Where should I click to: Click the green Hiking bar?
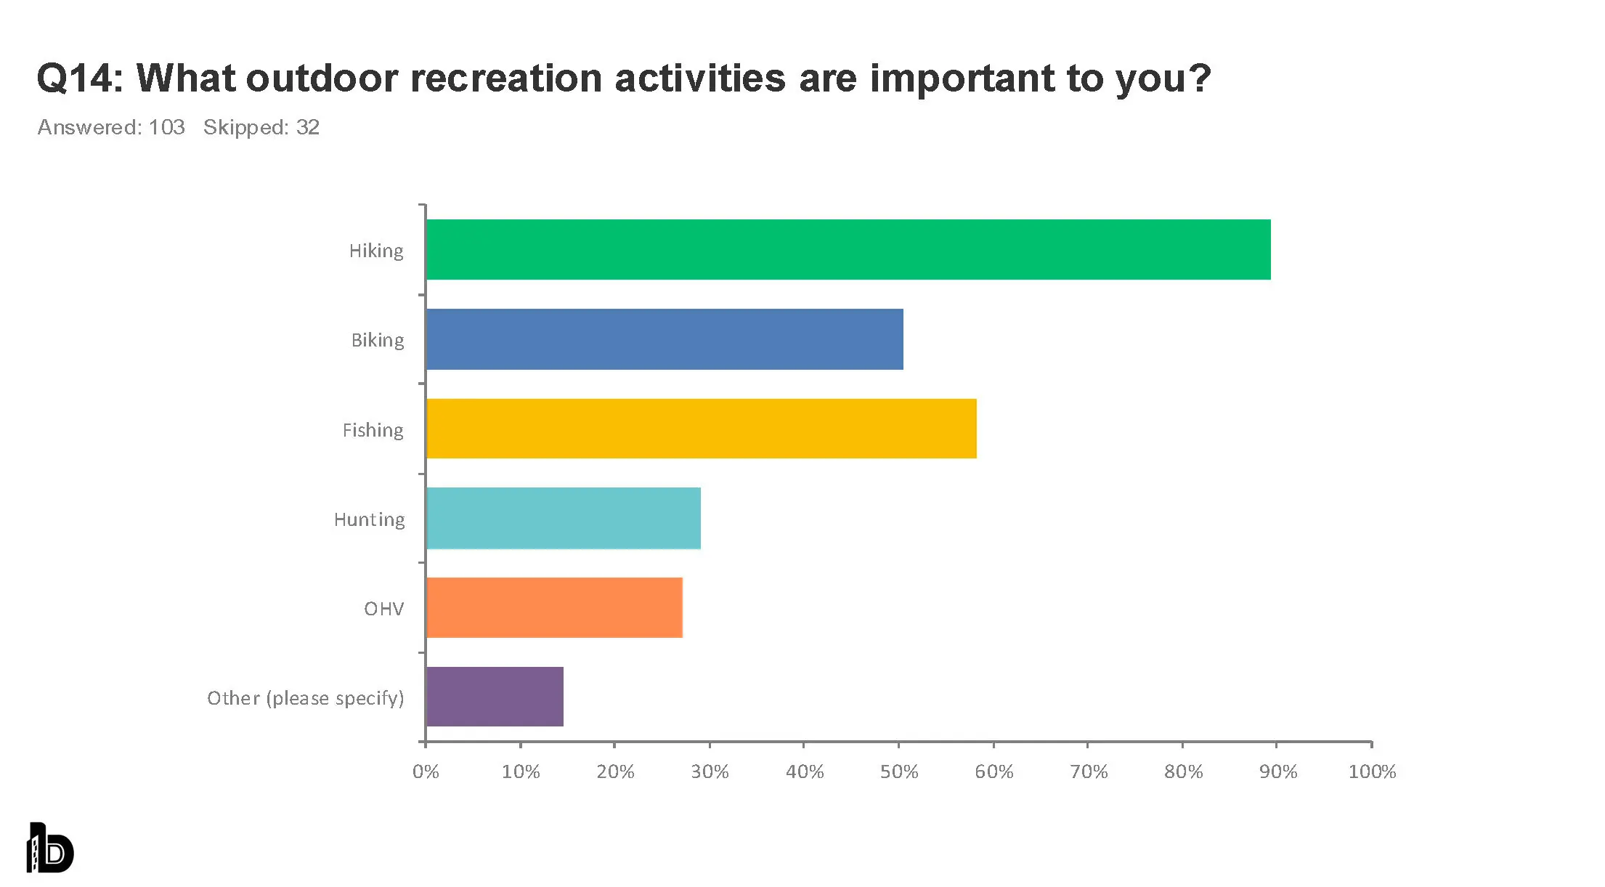pyautogui.click(x=848, y=249)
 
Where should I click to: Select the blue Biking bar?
pyautogui.click(x=665, y=339)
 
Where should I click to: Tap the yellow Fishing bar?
pyautogui.click(x=701, y=429)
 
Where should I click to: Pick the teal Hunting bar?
pyautogui.click(x=563, y=518)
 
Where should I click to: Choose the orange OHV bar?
pyautogui.click(x=554, y=607)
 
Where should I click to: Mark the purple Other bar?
pyautogui.click(x=495, y=697)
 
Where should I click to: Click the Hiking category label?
pyautogui.click(x=376, y=251)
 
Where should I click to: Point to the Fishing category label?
pyautogui.click(x=373, y=430)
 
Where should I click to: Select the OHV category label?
pyautogui.click(x=383, y=609)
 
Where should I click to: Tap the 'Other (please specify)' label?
pyautogui.click(x=306, y=698)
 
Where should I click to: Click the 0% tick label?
pyautogui.click(x=426, y=771)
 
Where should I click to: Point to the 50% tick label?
pyautogui.click(x=899, y=771)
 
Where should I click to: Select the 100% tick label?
pyautogui.click(x=1372, y=771)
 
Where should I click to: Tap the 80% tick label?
pyautogui.click(x=1183, y=771)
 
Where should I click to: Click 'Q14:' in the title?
pyautogui.click(x=80, y=78)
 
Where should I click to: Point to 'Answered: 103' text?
pyautogui.click(x=111, y=127)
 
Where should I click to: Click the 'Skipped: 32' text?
pyautogui.click(x=261, y=127)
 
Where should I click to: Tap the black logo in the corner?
pyautogui.click(x=50, y=848)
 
